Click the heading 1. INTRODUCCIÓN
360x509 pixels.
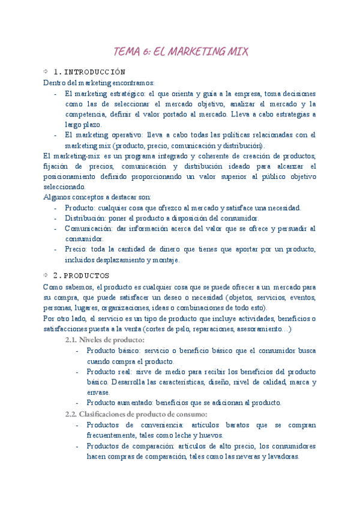89,71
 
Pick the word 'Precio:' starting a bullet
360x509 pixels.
76,250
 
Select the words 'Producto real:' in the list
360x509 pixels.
107,372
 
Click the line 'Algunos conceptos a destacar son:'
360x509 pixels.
97,197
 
